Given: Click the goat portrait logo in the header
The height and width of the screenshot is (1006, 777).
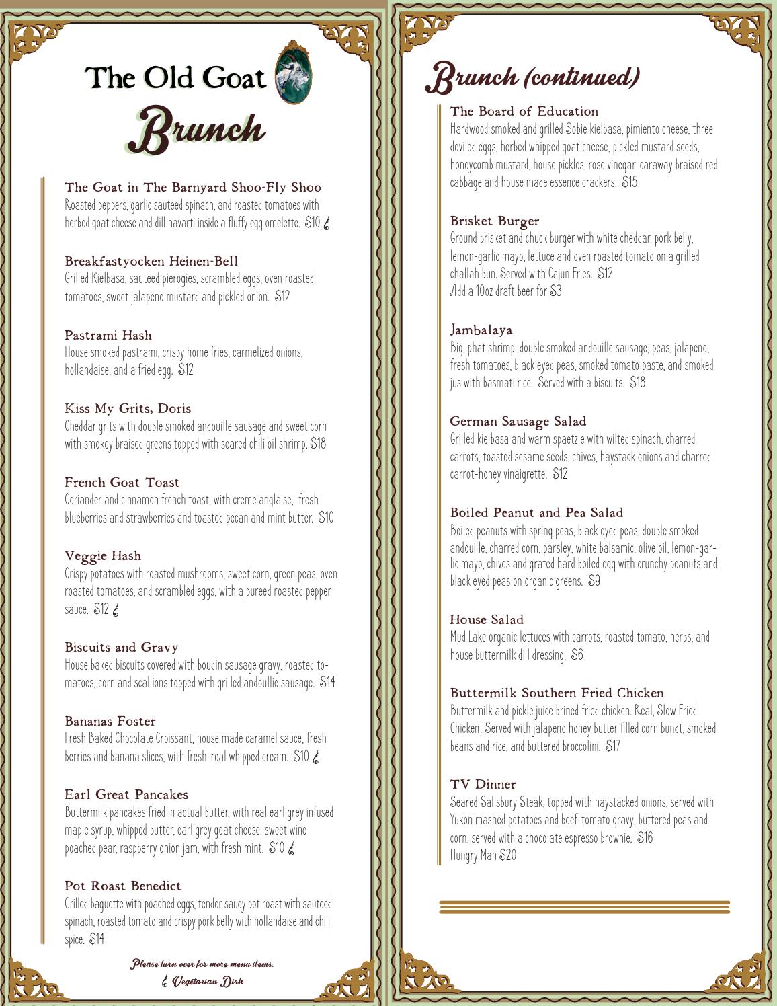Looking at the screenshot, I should [x=294, y=73].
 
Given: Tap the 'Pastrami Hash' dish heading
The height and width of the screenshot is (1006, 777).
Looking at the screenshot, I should [x=108, y=335].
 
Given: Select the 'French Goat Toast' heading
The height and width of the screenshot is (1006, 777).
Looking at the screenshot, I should [x=122, y=482].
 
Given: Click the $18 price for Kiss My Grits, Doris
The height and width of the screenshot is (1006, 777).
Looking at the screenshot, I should [x=318, y=444].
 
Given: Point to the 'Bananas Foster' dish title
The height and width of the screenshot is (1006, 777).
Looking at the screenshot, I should [x=110, y=721].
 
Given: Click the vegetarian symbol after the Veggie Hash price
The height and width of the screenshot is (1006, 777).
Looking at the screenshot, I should [x=116, y=610].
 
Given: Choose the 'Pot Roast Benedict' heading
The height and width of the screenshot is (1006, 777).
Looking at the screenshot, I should [x=122, y=886].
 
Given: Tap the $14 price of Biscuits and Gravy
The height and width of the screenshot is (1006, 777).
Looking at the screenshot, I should [x=327, y=683].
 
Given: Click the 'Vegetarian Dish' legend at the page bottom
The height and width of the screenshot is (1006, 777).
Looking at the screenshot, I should [x=203, y=981].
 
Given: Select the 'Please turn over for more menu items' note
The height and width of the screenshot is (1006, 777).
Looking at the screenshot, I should [x=202, y=964].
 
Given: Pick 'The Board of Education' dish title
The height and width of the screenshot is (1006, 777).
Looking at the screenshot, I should [x=524, y=111].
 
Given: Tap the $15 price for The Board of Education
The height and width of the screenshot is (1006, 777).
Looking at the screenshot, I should [x=629, y=182].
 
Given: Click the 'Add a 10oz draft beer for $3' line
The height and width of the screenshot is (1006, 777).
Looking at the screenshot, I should [x=505, y=291].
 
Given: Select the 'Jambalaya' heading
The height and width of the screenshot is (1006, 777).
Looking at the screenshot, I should [x=481, y=330].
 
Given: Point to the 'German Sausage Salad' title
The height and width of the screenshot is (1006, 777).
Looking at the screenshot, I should [x=518, y=421].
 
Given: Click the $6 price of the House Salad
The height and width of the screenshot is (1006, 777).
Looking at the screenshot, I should [x=577, y=655].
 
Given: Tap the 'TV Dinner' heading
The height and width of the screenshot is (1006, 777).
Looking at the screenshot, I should [x=483, y=784].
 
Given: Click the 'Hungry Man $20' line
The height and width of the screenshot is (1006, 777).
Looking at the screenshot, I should [x=483, y=855].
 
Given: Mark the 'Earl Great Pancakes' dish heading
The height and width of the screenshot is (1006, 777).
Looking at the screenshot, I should [x=126, y=794].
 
